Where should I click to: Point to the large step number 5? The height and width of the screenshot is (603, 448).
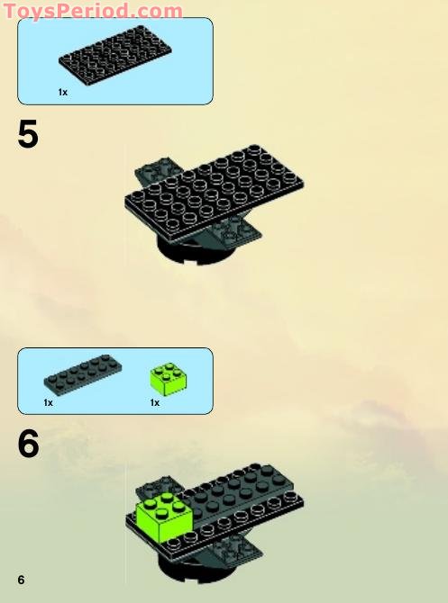[x=28, y=135]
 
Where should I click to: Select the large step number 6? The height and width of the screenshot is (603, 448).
[x=28, y=444]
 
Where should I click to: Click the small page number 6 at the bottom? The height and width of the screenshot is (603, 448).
[x=21, y=579]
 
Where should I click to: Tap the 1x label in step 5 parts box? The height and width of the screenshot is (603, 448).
[x=63, y=92]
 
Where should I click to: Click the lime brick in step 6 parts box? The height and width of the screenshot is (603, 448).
[x=168, y=378]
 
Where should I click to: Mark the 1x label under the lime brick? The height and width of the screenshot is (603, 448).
[x=155, y=402]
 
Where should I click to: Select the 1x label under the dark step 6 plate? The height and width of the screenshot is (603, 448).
[x=49, y=402]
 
